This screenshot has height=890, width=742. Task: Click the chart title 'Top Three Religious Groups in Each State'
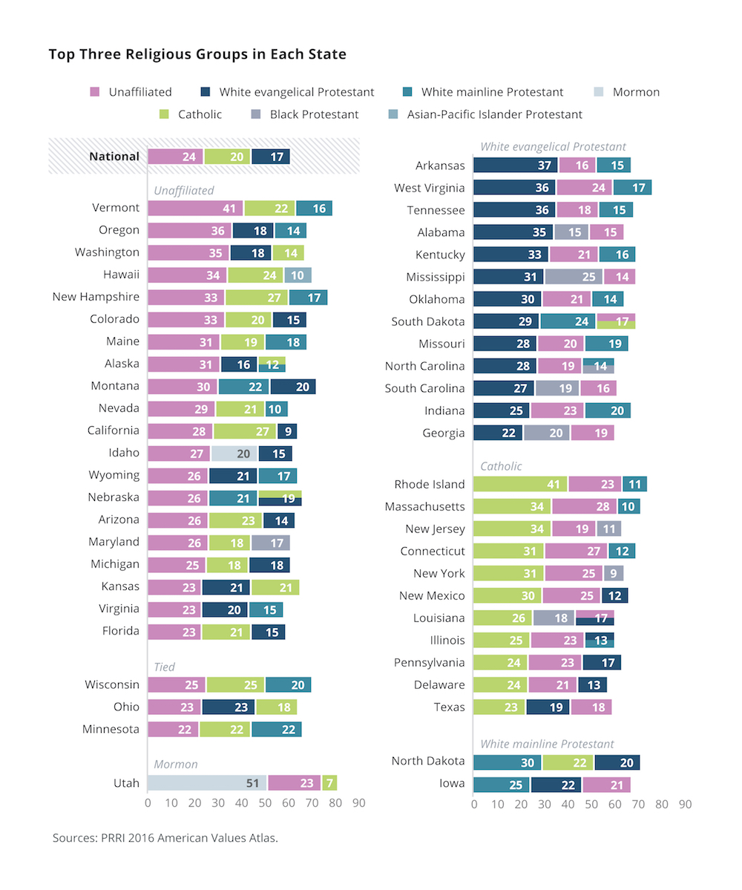tap(197, 54)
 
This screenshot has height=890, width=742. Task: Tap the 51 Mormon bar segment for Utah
tap(207, 782)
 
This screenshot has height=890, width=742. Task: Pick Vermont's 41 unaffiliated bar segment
tap(195, 208)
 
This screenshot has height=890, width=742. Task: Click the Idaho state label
tap(124, 453)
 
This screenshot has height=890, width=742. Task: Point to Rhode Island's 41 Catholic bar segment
tap(520, 484)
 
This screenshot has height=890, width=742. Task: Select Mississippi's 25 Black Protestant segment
tap(574, 277)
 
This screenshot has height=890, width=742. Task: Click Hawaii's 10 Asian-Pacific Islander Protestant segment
tap(297, 275)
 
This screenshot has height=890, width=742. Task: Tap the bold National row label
tap(114, 156)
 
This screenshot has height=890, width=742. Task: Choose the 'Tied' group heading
tap(165, 667)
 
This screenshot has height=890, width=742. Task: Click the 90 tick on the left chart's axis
tap(358, 803)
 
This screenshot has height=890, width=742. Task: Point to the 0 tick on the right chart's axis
tap(473, 803)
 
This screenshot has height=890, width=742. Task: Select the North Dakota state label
tap(428, 761)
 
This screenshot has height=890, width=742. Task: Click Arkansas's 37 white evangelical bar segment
tap(515, 165)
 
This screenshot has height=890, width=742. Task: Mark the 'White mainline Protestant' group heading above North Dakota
tap(547, 743)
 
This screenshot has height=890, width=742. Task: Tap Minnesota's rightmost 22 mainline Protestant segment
tap(276, 729)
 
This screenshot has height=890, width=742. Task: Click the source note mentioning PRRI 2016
tap(165, 838)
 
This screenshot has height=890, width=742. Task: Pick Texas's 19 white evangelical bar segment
tap(548, 707)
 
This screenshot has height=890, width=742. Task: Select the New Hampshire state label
tap(96, 297)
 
